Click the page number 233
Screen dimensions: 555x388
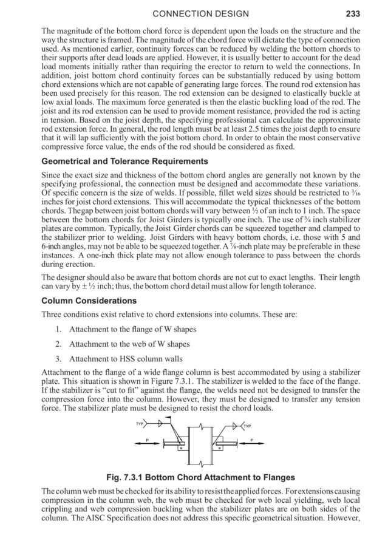352,13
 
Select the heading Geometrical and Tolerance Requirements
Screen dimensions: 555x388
124,162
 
